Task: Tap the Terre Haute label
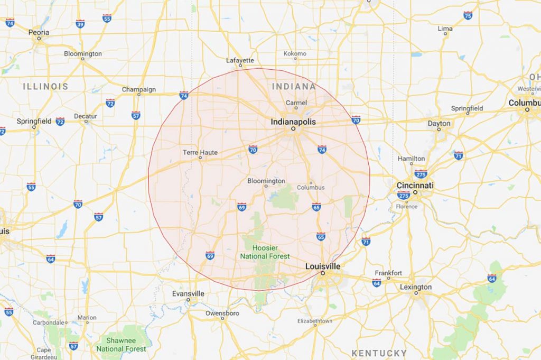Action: [x=200, y=152]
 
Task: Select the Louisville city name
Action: [x=323, y=266]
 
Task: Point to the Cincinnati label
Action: [x=415, y=186]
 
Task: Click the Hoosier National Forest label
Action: [x=265, y=252]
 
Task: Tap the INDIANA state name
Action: [x=293, y=86]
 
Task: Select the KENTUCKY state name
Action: [x=379, y=353]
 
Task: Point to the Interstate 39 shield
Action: [x=80, y=23]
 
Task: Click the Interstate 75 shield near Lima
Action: [x=468, y=16]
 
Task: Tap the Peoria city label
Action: [x=39, y=33]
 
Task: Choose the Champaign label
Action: [x=138, y=89]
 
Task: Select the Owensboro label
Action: [x=222, y=312]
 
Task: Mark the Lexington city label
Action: [x=415, y=287]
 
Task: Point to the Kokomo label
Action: [x=295, y=53]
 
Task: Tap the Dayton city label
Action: [x=439, y=124]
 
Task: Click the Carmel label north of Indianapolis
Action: [x=296, y=103]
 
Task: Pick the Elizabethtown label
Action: [x=315, y=321]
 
